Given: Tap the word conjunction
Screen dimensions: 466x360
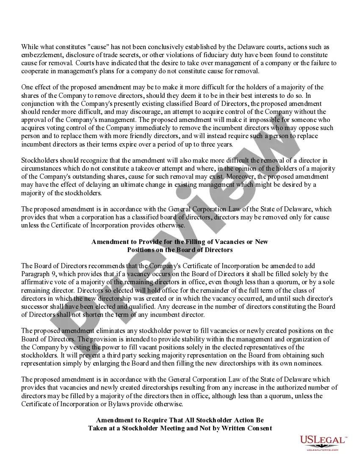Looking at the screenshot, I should (38, 104).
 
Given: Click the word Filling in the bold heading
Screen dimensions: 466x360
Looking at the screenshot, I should (177, 242).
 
